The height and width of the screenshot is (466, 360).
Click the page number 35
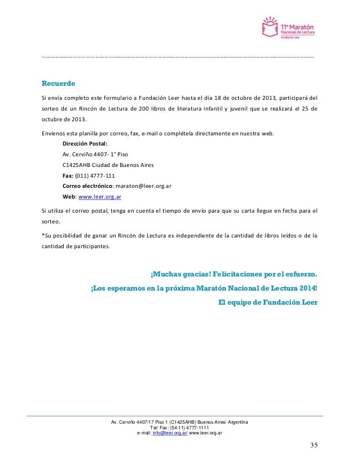[314, 447]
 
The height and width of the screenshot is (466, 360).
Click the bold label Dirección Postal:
[85, 144]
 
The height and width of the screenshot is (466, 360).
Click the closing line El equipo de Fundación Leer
[267, 302]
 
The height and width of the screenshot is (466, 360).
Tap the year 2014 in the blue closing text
[307, 288]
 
